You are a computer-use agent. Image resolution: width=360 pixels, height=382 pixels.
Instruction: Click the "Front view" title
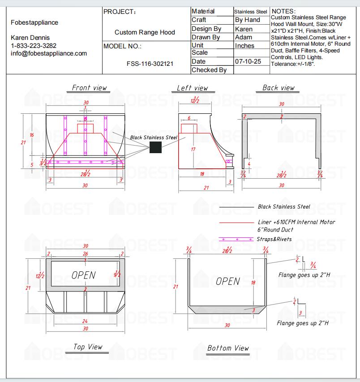click(x=90, y=88)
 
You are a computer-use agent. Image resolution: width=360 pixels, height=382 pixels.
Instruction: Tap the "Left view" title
click(x=193, y=88)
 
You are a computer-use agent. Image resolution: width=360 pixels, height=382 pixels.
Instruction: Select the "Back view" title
click(x=279, y=88)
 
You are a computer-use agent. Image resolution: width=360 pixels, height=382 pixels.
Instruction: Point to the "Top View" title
click(x=88, y=347)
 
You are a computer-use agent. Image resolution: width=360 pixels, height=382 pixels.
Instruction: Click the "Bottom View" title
click(x=228, y=348)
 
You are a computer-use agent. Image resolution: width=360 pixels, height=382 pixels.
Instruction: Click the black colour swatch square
click(x=155, y=147)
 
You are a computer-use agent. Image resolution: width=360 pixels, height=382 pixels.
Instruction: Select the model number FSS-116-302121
click(x=150, y=64)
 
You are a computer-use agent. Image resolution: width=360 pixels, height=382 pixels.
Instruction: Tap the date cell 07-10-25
click(x=248, y=61)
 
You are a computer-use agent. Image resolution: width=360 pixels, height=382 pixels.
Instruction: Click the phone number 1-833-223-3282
click(x=34, y=46)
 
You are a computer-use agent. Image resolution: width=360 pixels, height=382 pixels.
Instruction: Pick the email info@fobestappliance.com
click(x=49, y=53)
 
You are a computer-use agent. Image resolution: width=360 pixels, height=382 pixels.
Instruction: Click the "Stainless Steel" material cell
click(x=251, y=12)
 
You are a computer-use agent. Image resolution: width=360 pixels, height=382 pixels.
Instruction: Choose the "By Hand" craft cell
click(x=248, y=20)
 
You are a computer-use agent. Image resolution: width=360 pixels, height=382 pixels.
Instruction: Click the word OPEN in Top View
click(x=84, y=275)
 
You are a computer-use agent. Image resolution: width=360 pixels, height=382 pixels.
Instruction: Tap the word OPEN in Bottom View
click(x=228, y=281)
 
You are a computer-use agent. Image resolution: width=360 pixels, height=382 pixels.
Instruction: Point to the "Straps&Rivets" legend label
click(x=274, y=239)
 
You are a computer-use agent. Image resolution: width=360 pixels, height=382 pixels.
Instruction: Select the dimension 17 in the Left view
click(x=193, y=149)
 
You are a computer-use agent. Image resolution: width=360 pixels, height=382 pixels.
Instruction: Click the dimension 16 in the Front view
click(x=32, y=135)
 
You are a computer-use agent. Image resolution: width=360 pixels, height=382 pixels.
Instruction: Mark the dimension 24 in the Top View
click(x=85, y=321)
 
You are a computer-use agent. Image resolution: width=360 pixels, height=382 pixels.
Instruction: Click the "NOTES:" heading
click(x=283, y=11)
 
